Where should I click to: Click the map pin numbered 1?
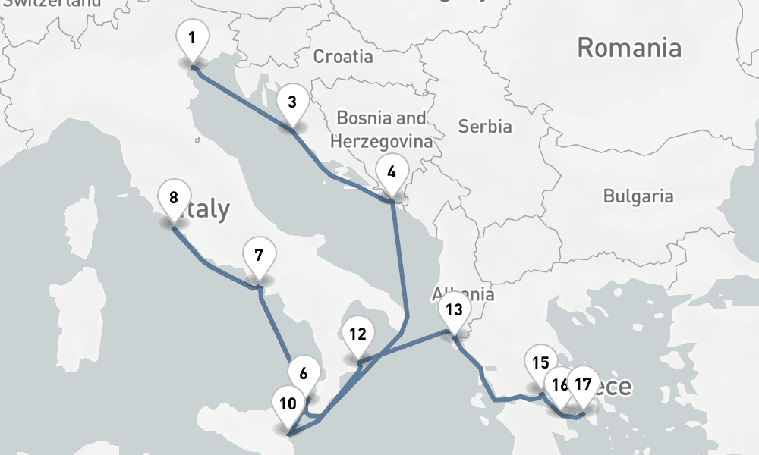point(192,38)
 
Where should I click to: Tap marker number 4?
point(392,172)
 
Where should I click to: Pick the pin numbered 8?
point(174,199)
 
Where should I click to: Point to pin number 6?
point(304,373)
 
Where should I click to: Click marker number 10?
point(288,403)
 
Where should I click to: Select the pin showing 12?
point(358,334)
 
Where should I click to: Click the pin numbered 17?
point(583,384)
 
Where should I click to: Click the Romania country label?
point(629,49)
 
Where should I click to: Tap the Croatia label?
point(343,56)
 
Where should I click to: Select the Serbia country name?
point(485,127)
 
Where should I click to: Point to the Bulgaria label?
point(638,196)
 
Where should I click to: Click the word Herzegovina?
point(382,141)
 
